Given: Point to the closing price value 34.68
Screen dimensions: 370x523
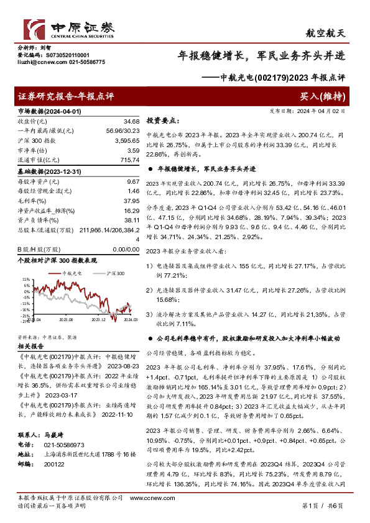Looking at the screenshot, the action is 131,120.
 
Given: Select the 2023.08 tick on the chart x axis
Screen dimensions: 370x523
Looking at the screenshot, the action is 67,319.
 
